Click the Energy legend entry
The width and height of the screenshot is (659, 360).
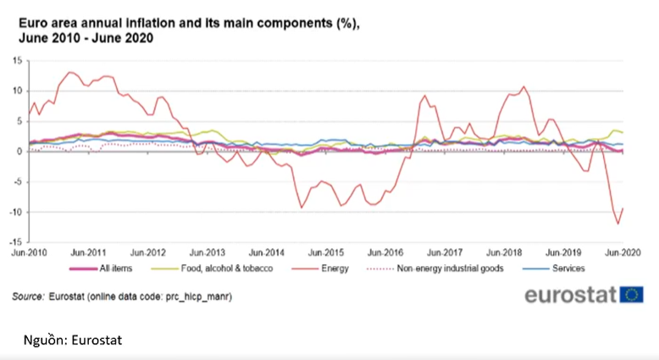[x=320, y=269]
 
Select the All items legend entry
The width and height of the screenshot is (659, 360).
[x=101, y=269]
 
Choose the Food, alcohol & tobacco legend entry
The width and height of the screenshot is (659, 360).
[x=212, y=269]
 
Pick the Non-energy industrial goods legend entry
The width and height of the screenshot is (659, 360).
[x=435, y=269]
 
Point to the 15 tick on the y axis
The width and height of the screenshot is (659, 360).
[x=17, y=60]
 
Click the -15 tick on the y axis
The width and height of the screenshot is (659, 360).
[x=16, y=242]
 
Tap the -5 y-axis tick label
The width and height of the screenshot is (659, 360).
[x=17, y=182]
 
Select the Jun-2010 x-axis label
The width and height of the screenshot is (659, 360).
[x=29, y=252]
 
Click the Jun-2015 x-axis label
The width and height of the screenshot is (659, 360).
[x=326, y=252]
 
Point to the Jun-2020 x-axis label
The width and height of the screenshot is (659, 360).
[x=623, y=252]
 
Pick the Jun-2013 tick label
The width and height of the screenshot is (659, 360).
[x=208, y=252]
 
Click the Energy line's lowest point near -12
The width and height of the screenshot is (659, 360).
[x=618, y=224]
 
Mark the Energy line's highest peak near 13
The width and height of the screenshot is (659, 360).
[x=69, y=72]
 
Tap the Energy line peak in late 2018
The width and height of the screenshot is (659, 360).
[x=523, y=86]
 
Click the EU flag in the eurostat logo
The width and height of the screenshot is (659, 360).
[x=631, y=295]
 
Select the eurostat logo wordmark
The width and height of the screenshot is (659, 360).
[x=570, y=295]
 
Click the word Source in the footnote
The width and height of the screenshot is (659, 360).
[x=28, y=296]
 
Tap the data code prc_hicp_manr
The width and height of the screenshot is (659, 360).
[x=198, y=296]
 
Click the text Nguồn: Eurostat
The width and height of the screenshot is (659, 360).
[x=73, y=340]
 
